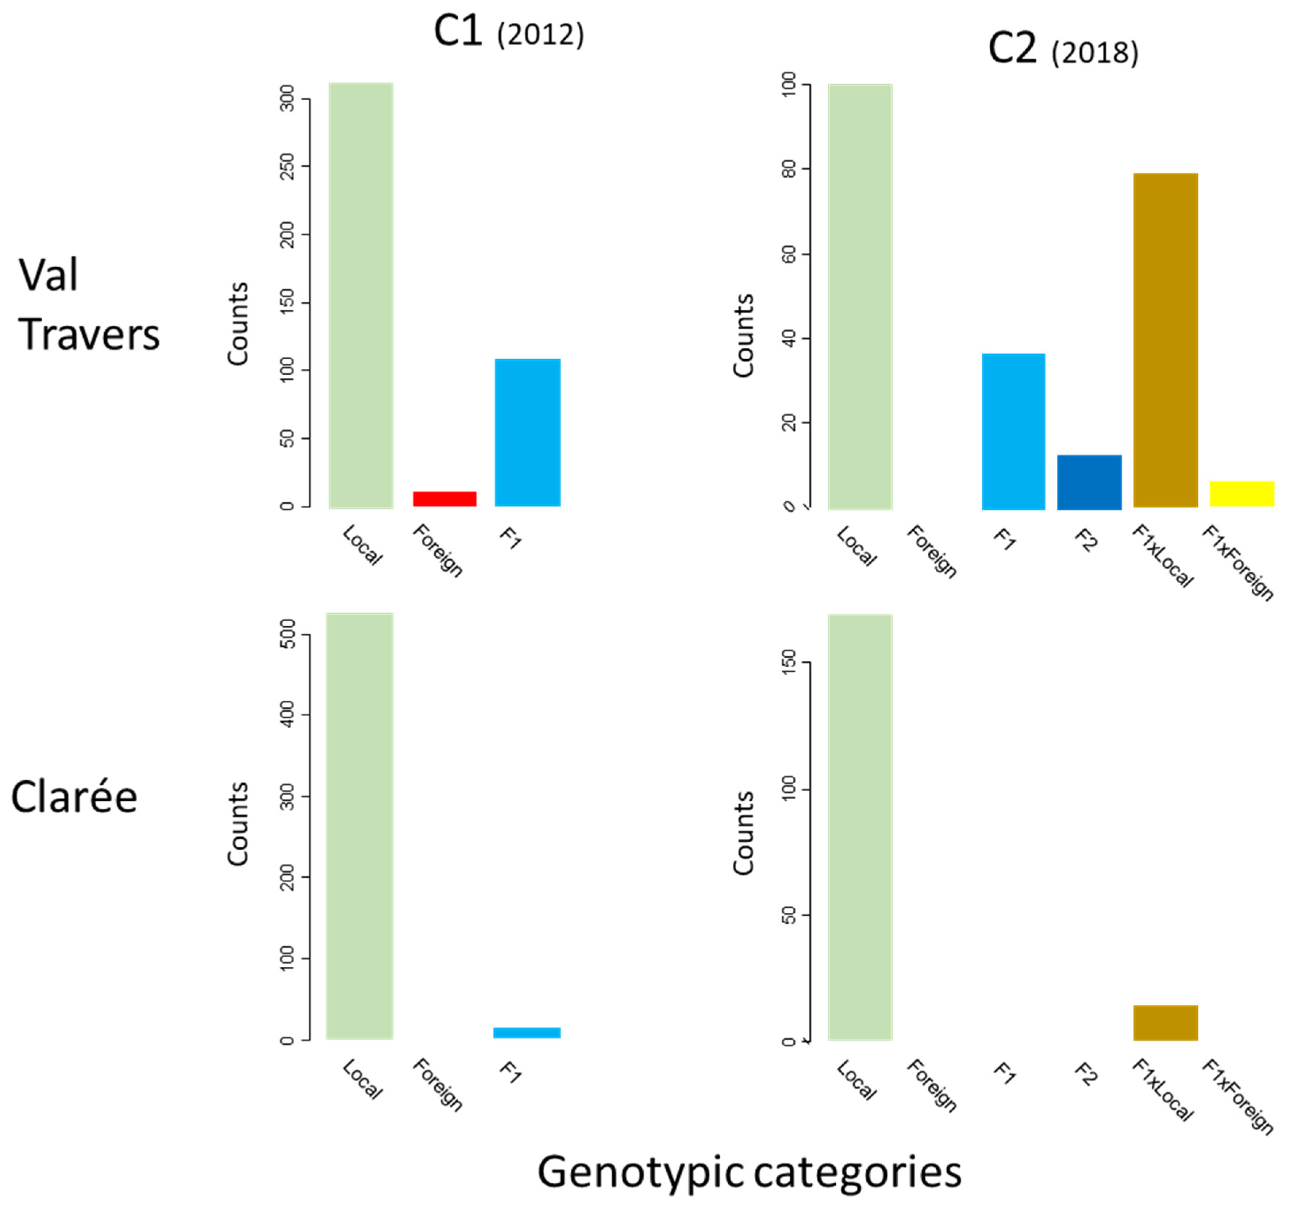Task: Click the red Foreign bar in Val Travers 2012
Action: [x=444, y=499]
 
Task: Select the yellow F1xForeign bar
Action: [x=1241, y=493]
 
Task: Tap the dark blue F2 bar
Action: [x=1089, y=482]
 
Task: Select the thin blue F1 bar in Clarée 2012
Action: [x=527, y=1032]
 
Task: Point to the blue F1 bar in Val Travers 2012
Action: [x=527, y=432]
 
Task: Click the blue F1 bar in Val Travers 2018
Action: [x=1013, y=431]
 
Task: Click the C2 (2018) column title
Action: [x=1063, y=50]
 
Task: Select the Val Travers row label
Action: [x=88, y=305]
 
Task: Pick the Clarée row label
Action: [x=74, y=798]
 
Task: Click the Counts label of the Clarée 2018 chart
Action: [x=743, y=833]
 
